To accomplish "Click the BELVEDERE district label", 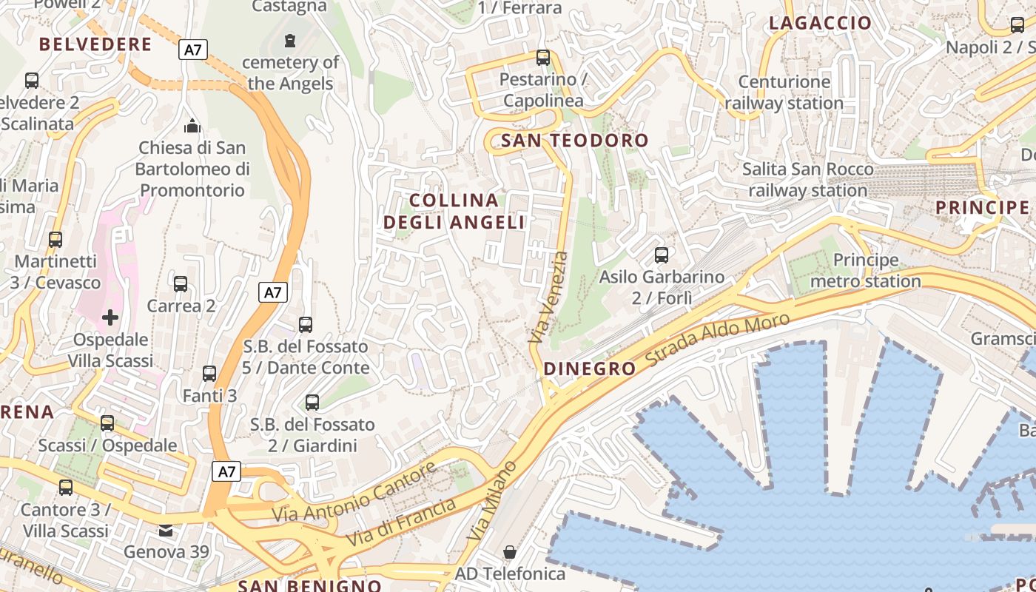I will [95, 44].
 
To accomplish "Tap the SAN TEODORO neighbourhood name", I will [575, 141].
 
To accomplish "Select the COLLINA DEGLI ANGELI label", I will [454, 211].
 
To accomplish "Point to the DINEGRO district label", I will [589, 369].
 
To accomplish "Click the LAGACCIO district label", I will [820, 23].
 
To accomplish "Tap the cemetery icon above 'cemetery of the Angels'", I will [290, 40].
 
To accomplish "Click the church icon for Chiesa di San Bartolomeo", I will [192, 126].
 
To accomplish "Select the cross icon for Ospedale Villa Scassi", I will [110, 318].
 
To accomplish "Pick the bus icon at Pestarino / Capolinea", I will [543, 57].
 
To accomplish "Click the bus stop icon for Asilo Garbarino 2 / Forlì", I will [662, 255].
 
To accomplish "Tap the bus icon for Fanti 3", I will [209, 374].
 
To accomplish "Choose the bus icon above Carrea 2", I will [181, 284].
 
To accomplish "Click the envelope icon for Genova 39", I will [166, 530].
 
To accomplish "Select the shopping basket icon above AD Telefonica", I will [510, 552].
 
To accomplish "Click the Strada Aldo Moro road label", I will [717, 340].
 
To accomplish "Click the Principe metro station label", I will [865, 271].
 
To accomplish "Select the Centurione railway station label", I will [784, 92].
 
